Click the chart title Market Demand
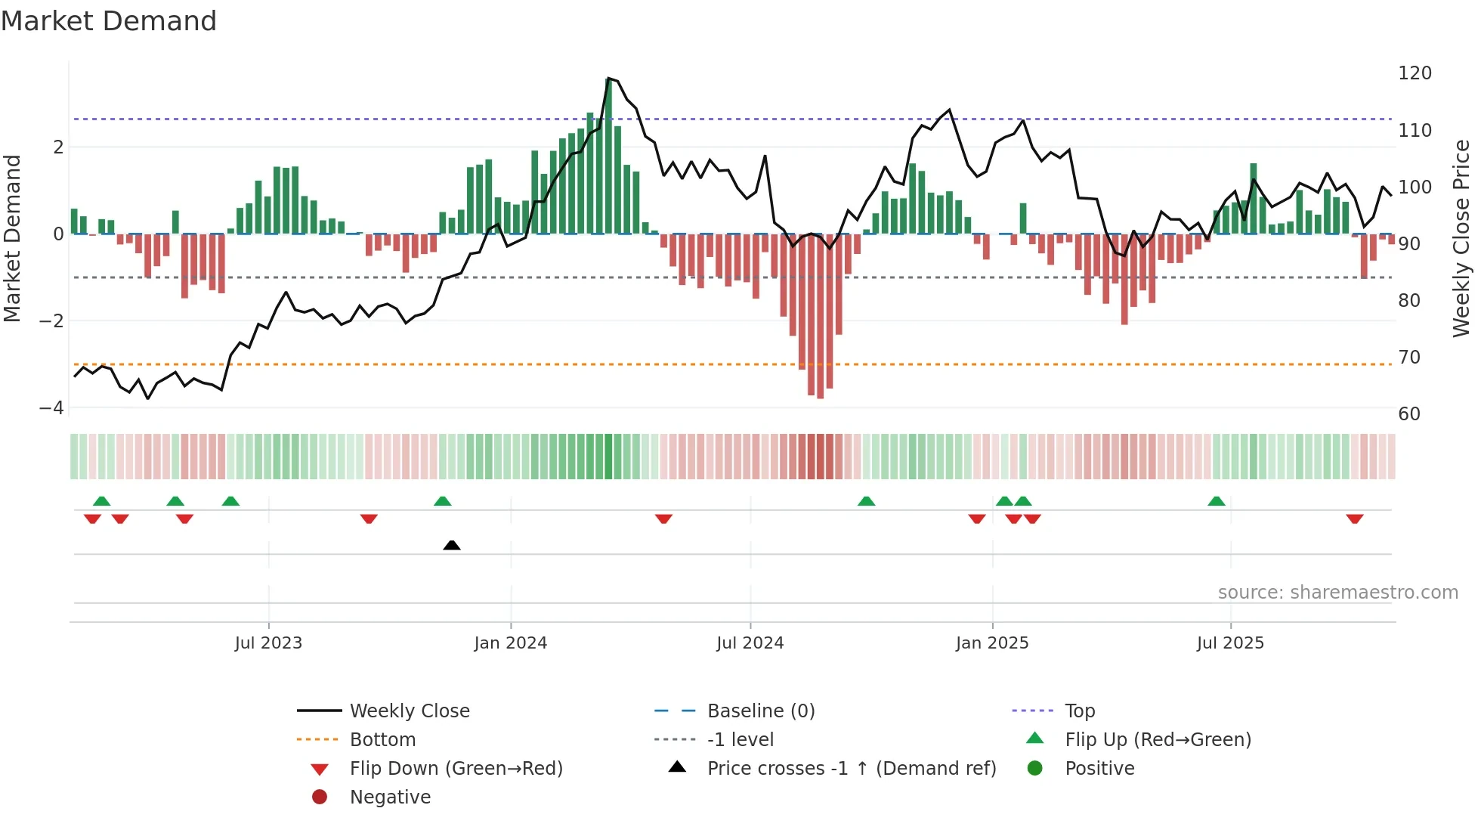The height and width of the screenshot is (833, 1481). [109, 21]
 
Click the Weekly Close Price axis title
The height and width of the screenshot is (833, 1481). [1461, 238]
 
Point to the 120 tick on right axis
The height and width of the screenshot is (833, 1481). [1415, 73]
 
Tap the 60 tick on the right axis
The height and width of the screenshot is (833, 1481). [1408, 413]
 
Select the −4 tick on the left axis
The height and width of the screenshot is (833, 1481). [51, 408]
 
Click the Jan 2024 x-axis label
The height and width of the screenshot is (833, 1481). [510, 643]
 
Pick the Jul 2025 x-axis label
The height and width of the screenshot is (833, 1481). [1229, 643]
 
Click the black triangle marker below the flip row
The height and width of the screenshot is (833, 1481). [452, 545]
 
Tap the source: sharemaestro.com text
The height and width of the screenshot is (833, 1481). [1337, 593]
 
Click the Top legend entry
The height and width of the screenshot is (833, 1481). [1079, 711]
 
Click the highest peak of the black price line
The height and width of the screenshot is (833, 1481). [608, 79]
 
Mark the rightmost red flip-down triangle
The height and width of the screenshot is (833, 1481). [1354, 519]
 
